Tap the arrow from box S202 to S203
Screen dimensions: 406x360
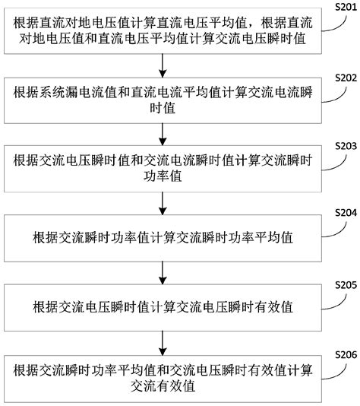[x=163, y=133]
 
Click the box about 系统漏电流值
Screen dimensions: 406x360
[x=163, y=100]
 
